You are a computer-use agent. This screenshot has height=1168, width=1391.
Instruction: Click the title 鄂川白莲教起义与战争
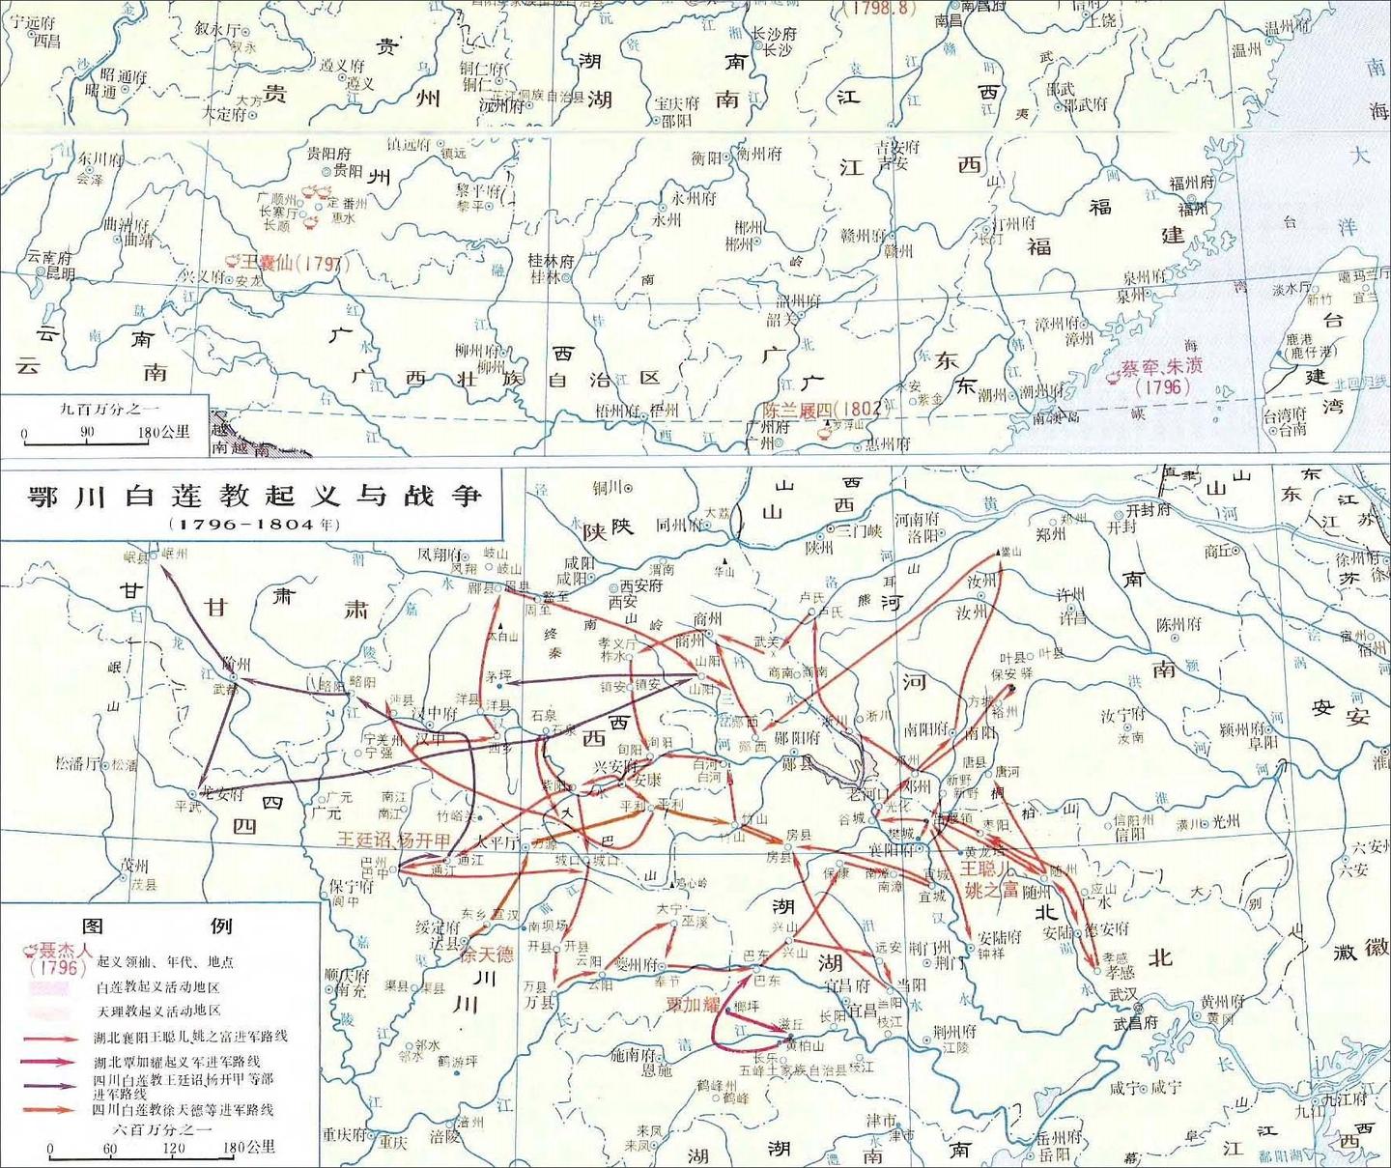click(x=254, y=496)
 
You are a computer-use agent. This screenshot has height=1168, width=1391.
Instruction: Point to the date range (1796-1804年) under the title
click(x=254, y=525)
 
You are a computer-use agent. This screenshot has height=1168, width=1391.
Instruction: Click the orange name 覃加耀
click(x=694, y=1004)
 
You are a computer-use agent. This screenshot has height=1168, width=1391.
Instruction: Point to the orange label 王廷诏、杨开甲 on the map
click(x=393, y=840)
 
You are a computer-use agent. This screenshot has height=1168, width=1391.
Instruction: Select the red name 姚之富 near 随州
click(x=991, y=889)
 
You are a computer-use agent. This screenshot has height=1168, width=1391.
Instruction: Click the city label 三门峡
click(x=858, y=529)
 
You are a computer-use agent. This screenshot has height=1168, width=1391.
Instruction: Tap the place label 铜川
click(x=606, y=488)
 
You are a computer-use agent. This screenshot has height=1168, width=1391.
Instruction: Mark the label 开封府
click(x=1149, y=510)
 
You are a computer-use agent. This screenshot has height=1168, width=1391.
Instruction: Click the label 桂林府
click(x=551, y=261)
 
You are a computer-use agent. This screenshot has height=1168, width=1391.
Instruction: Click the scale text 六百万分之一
click(x=162, y=1127)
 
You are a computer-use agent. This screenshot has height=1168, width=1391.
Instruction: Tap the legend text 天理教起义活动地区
click(x=158, y=1011)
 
